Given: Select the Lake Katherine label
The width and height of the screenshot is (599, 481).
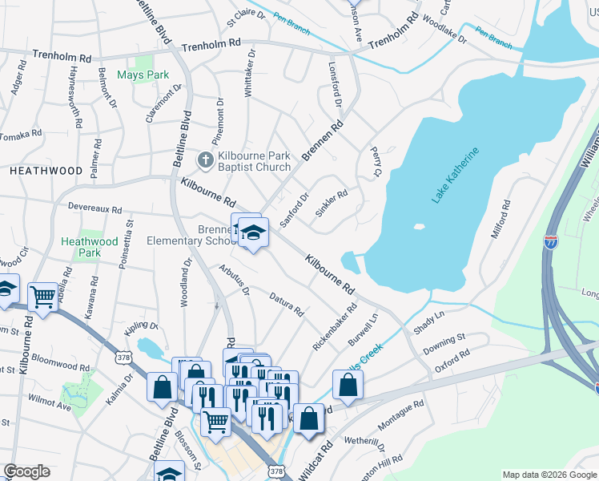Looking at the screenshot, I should pyautogui.click(x=455, y=175).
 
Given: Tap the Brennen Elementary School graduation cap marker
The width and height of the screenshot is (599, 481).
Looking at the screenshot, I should pyautogui.click(x=254, y=232).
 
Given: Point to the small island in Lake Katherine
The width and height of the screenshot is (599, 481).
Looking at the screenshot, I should pyautogui.click(x=418, y=227).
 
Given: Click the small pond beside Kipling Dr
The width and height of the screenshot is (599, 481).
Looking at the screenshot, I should pyautogui.click(x=149, y=348).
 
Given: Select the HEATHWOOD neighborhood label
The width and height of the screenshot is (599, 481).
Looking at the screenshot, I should pyautogui.click(x=46, y=172).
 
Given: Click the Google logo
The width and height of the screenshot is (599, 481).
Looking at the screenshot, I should pyautogui.click(x=27, y=471).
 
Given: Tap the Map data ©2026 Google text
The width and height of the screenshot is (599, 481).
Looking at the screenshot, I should pyautogui.click(x=549, y=475).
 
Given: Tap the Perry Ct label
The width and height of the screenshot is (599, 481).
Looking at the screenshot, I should pyautogui.click(x=374, y=161).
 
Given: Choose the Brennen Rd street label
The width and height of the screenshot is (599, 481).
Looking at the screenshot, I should pyautogui.click(x=323, y=140).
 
